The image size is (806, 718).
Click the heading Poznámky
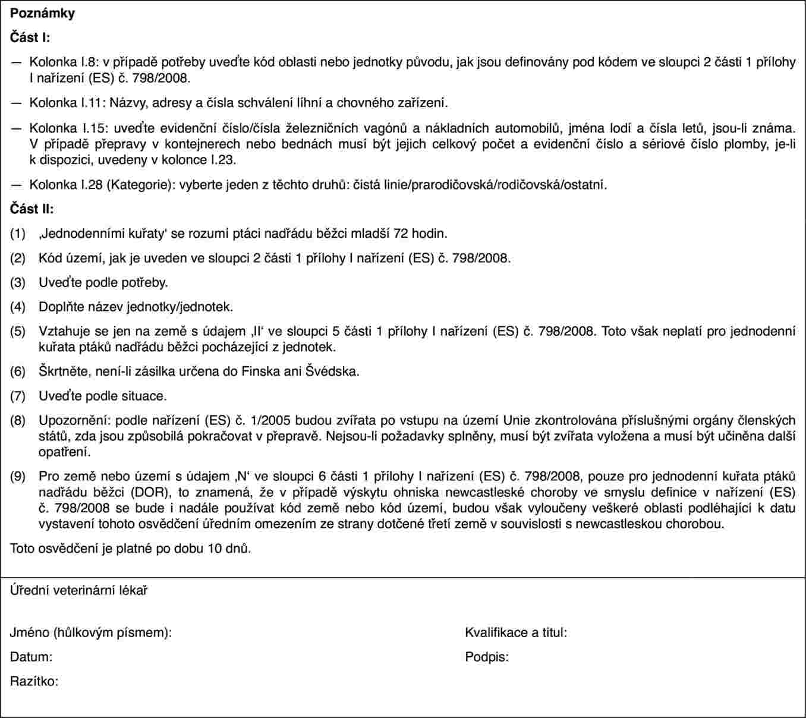(x=42, y=13)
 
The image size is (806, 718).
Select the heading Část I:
(x=30, y=37)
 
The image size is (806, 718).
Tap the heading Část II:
(x=32, y=209)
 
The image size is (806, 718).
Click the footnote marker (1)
(x=18, y=234)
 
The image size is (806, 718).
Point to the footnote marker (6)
(x=18, y=372)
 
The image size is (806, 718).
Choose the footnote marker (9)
(x=18, y=476)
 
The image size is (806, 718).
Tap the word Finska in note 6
(x=259, y=372)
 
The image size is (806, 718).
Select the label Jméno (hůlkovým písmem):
(x=91, y=632)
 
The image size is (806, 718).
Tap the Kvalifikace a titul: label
(x=516, y=632)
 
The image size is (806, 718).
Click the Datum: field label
(x=31, y=657)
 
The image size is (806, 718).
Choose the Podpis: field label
(x=487, y=657)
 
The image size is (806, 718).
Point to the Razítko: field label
(x=34, y=681)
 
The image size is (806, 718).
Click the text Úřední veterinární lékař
(x=78, y=591)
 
